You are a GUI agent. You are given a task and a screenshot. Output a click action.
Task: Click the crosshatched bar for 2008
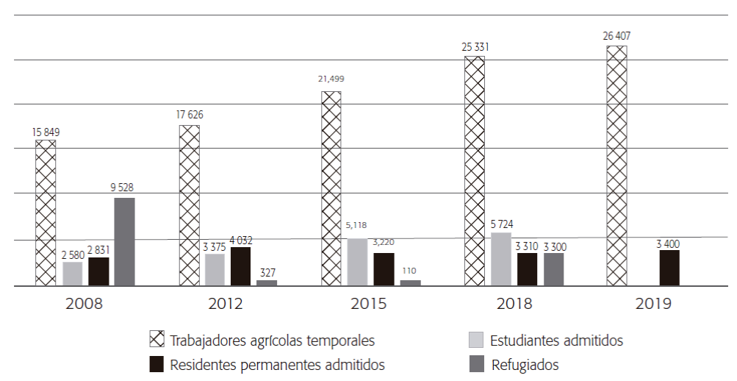pyautogui.click(x=46, y=213)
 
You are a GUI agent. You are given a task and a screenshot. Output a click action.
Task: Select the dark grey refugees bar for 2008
pyautogui.click(x=124, y=241)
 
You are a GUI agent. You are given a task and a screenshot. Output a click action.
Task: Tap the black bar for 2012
pyautogui.click(x=240, y=266)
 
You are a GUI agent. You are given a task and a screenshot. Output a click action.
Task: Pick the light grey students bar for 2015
pyautogui.click(x=357, y=262)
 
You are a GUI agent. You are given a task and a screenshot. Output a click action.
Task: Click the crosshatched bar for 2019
pyautogui.click(x=616, y=165)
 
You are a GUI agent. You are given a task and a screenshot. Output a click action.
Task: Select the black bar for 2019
pyautogui.click(x=669, y=268)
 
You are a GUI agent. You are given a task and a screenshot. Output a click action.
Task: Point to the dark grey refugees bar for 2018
pyautogui.click(x=554, y=269)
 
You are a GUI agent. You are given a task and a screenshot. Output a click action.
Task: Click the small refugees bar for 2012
pyautogui.click(x=267, y=282)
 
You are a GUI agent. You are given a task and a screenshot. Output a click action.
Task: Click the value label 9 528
pyautogui.click(x=123, y=188)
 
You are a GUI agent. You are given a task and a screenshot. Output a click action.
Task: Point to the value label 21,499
pyautogui.click(x=330, y=79)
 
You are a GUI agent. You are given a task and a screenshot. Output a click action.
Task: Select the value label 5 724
pyautogui.click(x=500, y=221)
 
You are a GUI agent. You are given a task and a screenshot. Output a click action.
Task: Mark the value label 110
pyautogui.click(x=410, y=271)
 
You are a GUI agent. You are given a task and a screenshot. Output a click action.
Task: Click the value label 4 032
pyautogui.click(x=240, y=240)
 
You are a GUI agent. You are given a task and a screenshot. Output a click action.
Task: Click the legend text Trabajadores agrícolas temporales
pyautogui.click(x=273, y=341)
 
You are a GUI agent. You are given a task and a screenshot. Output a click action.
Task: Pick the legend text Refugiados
pyautogui.click(x=525, y=364)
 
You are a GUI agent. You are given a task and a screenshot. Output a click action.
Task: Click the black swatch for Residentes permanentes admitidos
pyautogui.click(x=157, y=364)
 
